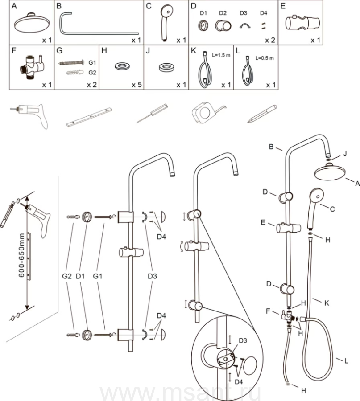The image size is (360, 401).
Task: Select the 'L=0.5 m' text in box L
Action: pyautogui.click(x=263, y=58)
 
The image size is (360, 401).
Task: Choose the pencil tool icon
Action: pyautogui.click(x=262, y=114)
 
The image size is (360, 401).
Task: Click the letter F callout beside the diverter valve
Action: pyautogui.click(x=269, y=311)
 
